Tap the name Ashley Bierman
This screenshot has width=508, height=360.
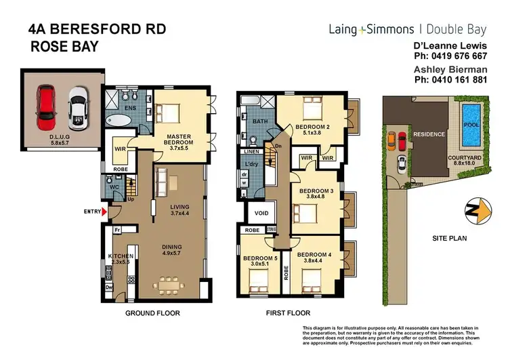click(x=445, y=69)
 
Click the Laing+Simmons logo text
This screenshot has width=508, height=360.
click(x=371, y=29)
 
